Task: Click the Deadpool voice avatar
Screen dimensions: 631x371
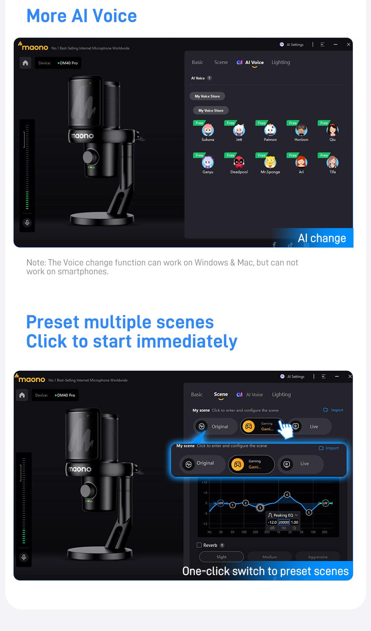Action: coord(239,162)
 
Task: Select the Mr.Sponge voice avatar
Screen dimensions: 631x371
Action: coord(270,162)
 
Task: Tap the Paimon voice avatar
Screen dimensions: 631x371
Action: coord(270,130)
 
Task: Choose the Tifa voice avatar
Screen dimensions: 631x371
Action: coord(333,162)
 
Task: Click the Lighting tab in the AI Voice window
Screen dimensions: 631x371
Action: coord(281,62)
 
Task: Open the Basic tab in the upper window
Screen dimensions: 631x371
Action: coord(198,62)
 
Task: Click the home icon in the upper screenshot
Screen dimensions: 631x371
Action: coord(25,63)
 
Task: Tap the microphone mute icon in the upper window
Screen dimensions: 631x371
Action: coord(27,223)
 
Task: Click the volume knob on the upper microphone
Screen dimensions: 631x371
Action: coord(90,157)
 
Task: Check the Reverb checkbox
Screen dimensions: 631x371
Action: coord(199,545)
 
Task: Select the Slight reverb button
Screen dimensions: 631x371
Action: coord(222,557)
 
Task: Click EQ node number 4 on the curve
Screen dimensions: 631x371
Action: coord(287,495)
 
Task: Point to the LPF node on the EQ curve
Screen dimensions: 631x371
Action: coord(325,503)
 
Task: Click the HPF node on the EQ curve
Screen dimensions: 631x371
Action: coord(221,503)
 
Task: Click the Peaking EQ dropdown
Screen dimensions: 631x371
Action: coord(283,515)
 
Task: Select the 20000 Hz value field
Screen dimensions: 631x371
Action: coord(284,522)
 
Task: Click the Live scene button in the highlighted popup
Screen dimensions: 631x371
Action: coord(300,464)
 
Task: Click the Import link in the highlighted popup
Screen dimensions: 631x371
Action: coord(329,448)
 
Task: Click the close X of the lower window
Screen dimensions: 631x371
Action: coord(350,377)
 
